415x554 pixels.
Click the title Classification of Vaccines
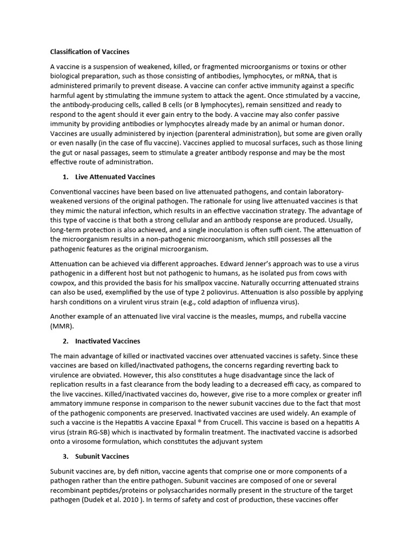[90, 52]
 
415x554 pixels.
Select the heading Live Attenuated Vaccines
[115, 177]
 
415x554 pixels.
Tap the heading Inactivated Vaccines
[108, 341]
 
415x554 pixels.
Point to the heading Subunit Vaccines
[102, 456]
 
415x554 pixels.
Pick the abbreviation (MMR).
[61, 326]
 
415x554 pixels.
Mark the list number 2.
[65, 341]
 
